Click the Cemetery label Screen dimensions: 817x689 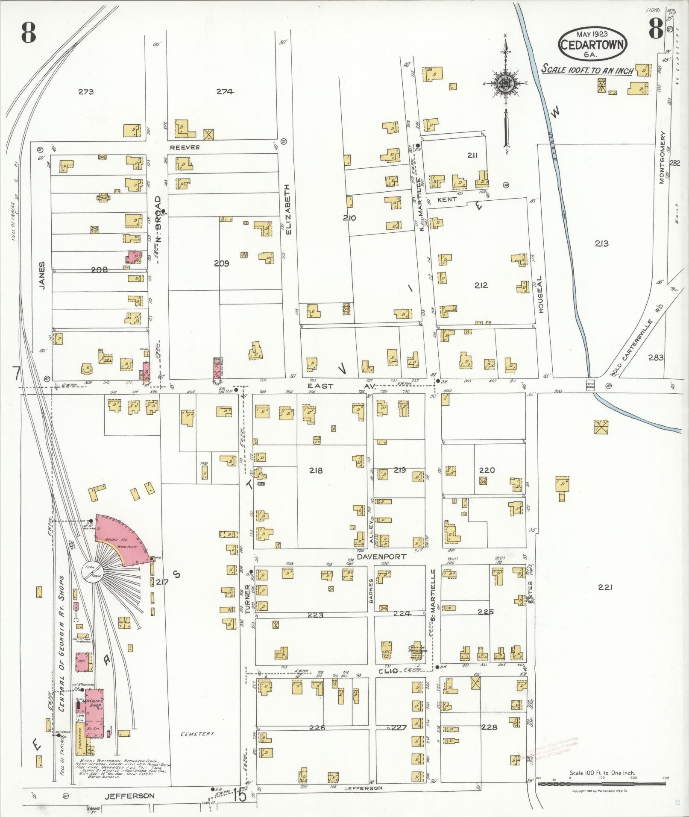(x=197, y=733)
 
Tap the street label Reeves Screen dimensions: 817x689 (x=185, y=147)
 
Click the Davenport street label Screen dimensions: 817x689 (x=375, y=557)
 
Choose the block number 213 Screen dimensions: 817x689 (x=601, y=243)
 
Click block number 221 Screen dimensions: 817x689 (x=605, y=587)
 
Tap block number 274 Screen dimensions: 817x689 (x=225, y=91)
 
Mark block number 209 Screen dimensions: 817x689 (x=222, y=264)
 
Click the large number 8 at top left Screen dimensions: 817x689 (x=28, y=33)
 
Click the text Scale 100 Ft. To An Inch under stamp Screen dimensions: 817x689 (x=587, y=70)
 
